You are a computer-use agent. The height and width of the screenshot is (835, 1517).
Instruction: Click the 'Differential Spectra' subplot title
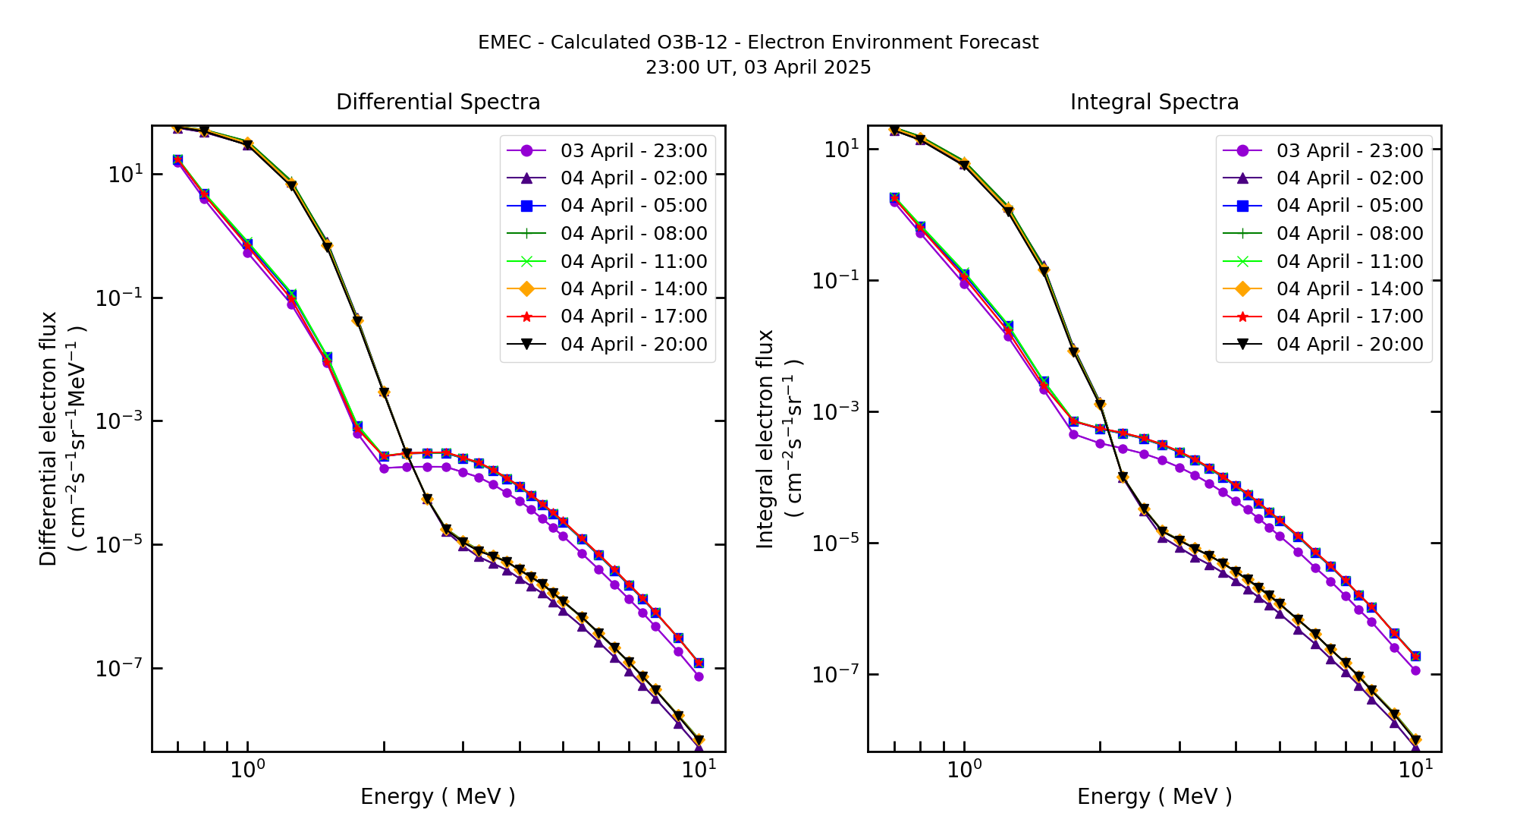(438, 102)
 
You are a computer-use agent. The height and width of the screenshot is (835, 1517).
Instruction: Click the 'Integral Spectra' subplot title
(1154, 102)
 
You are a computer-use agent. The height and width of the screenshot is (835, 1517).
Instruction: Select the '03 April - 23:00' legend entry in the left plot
(633, 150)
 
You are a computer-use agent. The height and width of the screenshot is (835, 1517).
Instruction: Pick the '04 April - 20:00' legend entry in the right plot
(1349, 344)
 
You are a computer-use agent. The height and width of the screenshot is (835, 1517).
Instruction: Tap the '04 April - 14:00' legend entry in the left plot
(633, 288)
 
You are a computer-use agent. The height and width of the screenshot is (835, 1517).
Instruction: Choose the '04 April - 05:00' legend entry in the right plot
(1349, 206)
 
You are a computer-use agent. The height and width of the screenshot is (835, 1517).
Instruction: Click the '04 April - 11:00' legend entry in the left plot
(633, 261)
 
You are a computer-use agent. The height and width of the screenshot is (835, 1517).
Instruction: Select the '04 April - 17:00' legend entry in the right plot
(1349, 317)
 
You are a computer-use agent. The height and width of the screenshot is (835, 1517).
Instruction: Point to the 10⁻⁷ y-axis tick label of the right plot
(835, 674)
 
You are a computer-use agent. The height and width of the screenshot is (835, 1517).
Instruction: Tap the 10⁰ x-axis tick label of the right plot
(964, 769)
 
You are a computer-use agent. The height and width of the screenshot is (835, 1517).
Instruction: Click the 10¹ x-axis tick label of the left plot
(699, 769)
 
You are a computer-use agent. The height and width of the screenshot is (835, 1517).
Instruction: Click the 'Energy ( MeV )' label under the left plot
(438, 796)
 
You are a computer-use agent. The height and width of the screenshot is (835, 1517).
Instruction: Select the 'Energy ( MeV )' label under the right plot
(1154, 796)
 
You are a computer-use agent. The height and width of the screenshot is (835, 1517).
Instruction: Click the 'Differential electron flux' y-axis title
(49, 439)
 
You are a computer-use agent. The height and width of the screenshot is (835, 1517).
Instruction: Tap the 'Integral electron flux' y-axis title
(765, 439)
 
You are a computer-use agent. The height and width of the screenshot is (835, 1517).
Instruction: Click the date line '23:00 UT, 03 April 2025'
(758, 68)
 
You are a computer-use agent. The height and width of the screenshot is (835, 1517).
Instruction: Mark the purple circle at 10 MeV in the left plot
(699, 676)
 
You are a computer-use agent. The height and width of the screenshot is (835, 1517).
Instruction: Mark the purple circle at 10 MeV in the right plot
(1415, 670)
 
